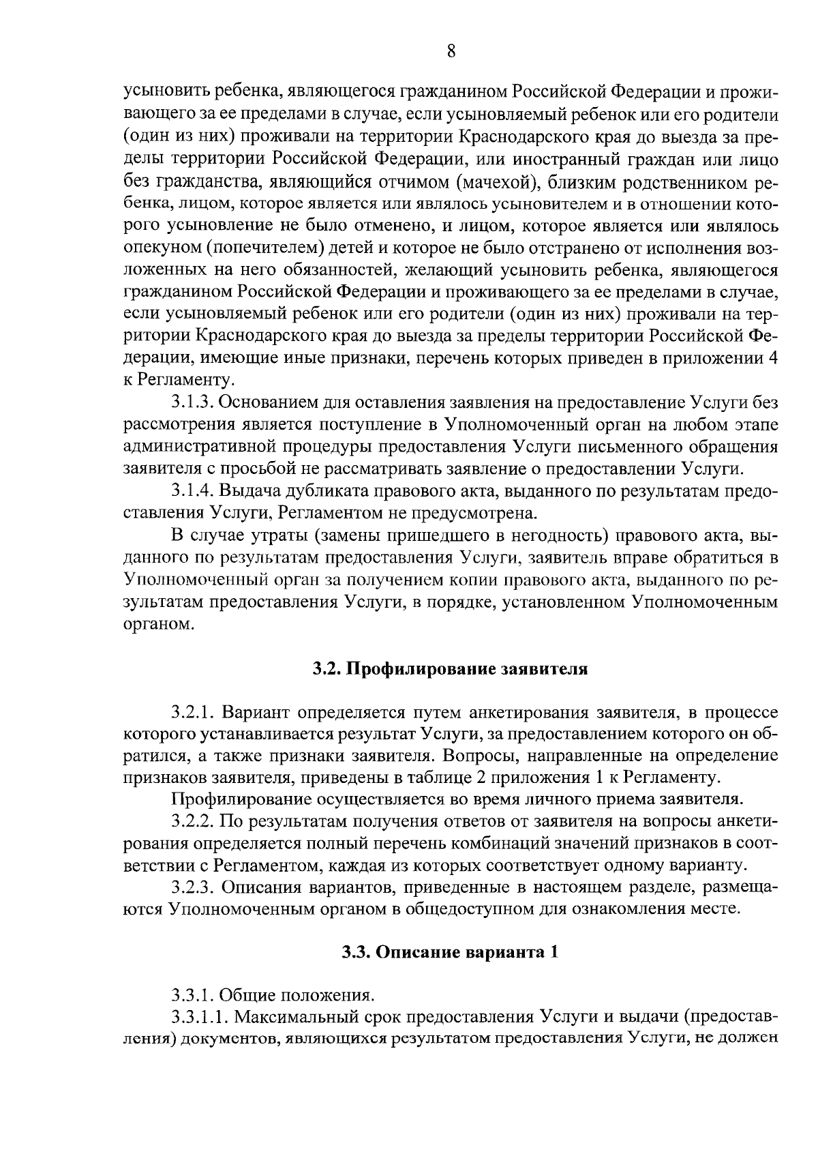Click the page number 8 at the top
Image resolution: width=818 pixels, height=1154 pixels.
(451, 52)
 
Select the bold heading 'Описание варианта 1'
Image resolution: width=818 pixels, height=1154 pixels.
(450, 952)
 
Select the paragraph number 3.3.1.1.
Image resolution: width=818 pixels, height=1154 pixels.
(200, 1017)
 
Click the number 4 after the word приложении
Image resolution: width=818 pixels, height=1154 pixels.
(773, 358)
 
